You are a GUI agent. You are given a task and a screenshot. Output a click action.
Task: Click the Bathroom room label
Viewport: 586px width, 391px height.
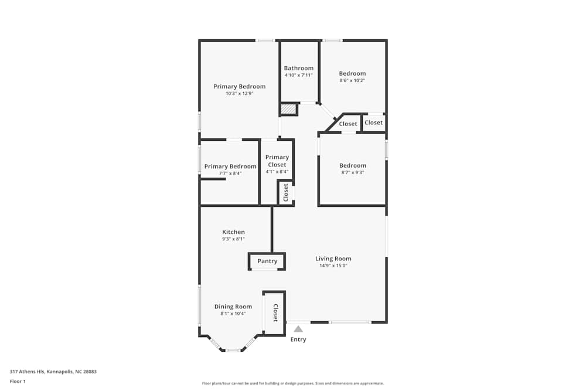pyautogui.click(x=299, y=68)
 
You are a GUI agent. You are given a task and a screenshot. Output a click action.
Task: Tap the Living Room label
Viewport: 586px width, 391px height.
pyautogui.click(x=333, y=259)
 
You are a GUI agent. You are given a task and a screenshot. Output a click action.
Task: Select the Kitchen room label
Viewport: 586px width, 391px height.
pyautogui.click(x=233, y=232)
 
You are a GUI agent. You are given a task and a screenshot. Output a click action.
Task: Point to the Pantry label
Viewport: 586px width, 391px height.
pyautogui.click(x=267, y=261)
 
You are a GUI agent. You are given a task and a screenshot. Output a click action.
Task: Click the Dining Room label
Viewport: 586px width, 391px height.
pyautogui.click(x=233, y=307)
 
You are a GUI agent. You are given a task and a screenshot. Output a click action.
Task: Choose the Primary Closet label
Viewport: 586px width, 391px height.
pyautogui.click(x=277, y=161)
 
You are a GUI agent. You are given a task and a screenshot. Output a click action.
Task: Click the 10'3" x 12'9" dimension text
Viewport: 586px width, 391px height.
pyautogui.click(x=239, y=93)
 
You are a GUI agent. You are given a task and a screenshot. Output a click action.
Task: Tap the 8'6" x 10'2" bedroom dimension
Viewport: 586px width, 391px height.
pyautogui.click(x=352, y=80)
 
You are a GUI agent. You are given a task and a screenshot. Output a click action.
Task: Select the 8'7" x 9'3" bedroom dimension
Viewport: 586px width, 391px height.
pyautogui.click(x=353, y=172)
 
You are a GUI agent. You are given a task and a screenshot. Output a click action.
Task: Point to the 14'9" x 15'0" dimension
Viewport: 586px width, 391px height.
pyautogui.click(x=333, y=266)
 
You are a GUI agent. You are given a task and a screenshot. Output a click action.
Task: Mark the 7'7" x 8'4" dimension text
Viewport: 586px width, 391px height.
pyautogui.click(x=230, y=174)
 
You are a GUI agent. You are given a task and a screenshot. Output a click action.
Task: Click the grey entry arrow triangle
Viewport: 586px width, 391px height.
pyautogui.click(x=298, y=329)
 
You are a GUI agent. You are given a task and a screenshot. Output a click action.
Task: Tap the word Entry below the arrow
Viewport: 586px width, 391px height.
pyautogui.click(x=298, y=339)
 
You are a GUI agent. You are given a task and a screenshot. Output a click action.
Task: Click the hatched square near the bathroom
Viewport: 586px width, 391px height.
pyautogui.click(x=288, y=109)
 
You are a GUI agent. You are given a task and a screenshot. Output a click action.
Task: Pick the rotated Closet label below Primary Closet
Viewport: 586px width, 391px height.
pyautogui.click(x=286, y=192)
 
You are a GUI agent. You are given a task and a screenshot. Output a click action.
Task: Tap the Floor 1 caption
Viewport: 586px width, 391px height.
pyautogui.click(x=18, y=381)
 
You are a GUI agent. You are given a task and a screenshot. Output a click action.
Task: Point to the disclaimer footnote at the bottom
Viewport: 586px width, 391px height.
pyautogui.click(x=292, y=383)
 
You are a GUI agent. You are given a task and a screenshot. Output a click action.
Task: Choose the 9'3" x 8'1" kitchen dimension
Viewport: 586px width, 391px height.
pyautogui.click(x=233, y=239)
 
